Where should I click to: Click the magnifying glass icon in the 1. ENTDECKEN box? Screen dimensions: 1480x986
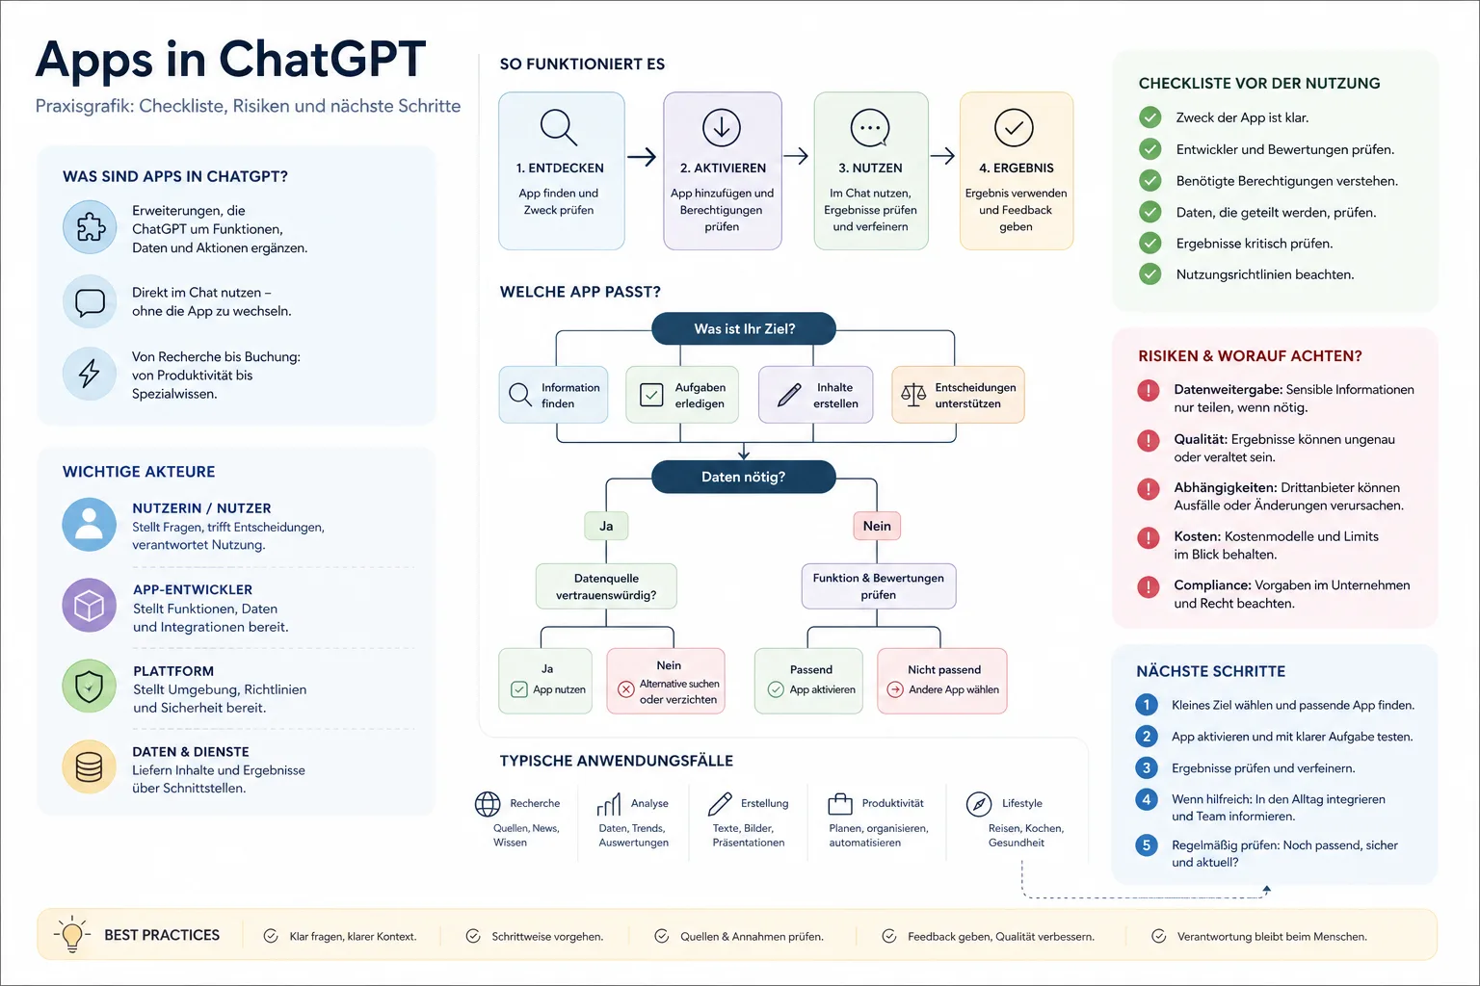tap(558, 127)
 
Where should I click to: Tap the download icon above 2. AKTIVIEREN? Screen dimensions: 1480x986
tap(721, 127)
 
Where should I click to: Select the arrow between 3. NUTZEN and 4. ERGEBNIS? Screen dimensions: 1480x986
tap(942, 156)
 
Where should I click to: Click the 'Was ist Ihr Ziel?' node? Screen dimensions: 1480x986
tap(743, 328)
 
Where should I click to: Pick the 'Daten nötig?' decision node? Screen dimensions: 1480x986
tap(743, 477)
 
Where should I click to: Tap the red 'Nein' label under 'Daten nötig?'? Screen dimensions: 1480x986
tap(877, 526)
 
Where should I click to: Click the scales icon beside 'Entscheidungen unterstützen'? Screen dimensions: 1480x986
tap(913, 394)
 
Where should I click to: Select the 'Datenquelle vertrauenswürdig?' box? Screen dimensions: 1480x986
tap(606, 585)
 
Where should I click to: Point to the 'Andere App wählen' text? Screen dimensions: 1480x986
tap(953, 689)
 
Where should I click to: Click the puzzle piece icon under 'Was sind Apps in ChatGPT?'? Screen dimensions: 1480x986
tap(90, 227)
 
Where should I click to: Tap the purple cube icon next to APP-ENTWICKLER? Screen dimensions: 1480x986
tap(90, 605)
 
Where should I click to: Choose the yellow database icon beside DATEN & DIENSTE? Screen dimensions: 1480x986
tap(90, 766)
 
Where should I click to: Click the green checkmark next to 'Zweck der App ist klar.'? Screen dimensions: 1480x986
tap(1150, 117)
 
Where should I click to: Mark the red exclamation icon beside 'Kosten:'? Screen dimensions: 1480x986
tap(1149, 537)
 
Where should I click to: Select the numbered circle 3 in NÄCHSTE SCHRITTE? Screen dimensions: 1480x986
tap(1147, 767)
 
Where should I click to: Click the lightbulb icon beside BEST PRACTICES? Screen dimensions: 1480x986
tap(71, 935)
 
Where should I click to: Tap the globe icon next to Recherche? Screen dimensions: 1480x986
tap(488, 804)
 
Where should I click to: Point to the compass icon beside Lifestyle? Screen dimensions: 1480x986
tap(979, 804)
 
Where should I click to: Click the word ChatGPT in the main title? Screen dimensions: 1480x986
tap(323, 60)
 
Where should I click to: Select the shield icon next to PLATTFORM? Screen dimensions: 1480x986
tap(90, 686)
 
